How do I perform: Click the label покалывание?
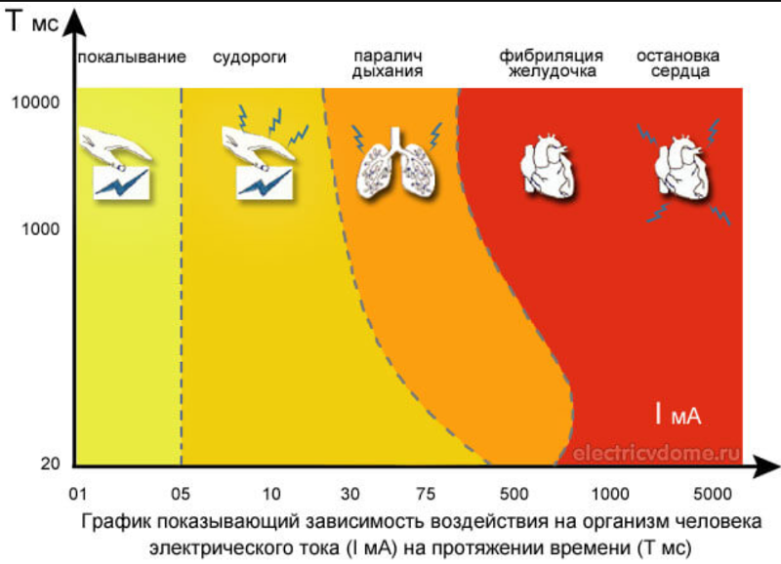point(132,57)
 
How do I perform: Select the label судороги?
point(250,57)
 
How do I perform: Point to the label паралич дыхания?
point(388,63)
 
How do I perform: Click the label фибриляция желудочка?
point(551,63)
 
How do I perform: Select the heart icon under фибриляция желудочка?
point(547,166)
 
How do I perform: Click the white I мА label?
point(678,414)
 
